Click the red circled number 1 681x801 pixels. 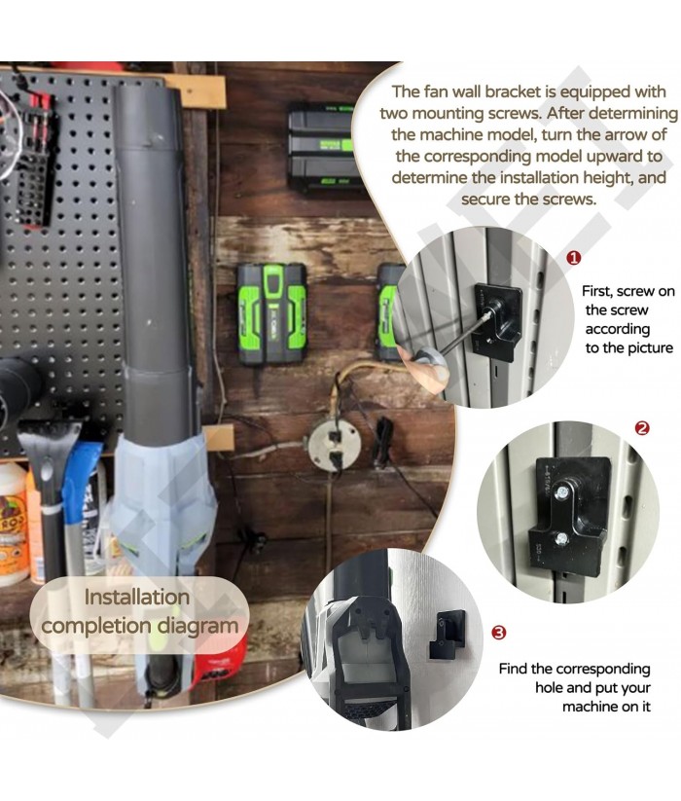[x=574, y=258]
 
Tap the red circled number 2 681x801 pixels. [x=642, y=428]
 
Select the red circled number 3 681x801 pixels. [x=499, y=633]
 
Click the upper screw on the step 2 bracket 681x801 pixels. [x=562, y=492]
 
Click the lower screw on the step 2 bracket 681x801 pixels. [x=562, y=537]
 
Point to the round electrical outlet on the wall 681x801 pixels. [x=335, y=443]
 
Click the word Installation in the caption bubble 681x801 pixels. [x=137, y=597]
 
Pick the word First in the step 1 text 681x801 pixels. [x=597, y=291]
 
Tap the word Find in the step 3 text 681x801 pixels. [x=513, y=669]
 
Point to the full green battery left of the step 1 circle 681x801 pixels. [x=271, y=313]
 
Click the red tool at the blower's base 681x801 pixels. [x=220, y=661]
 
